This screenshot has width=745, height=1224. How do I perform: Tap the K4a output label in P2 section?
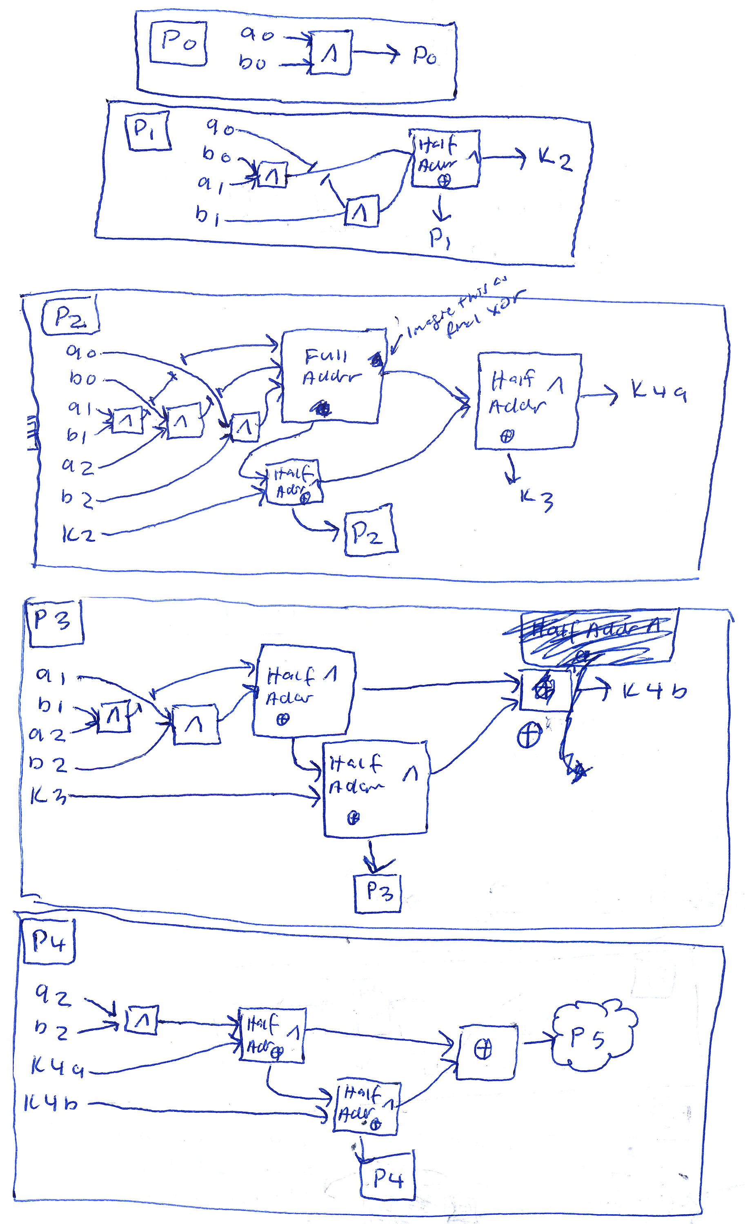(x=658, y=390)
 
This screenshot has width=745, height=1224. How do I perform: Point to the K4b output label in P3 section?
(x=654, y=690)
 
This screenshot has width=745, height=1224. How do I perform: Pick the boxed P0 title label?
(x=178, y=43)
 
